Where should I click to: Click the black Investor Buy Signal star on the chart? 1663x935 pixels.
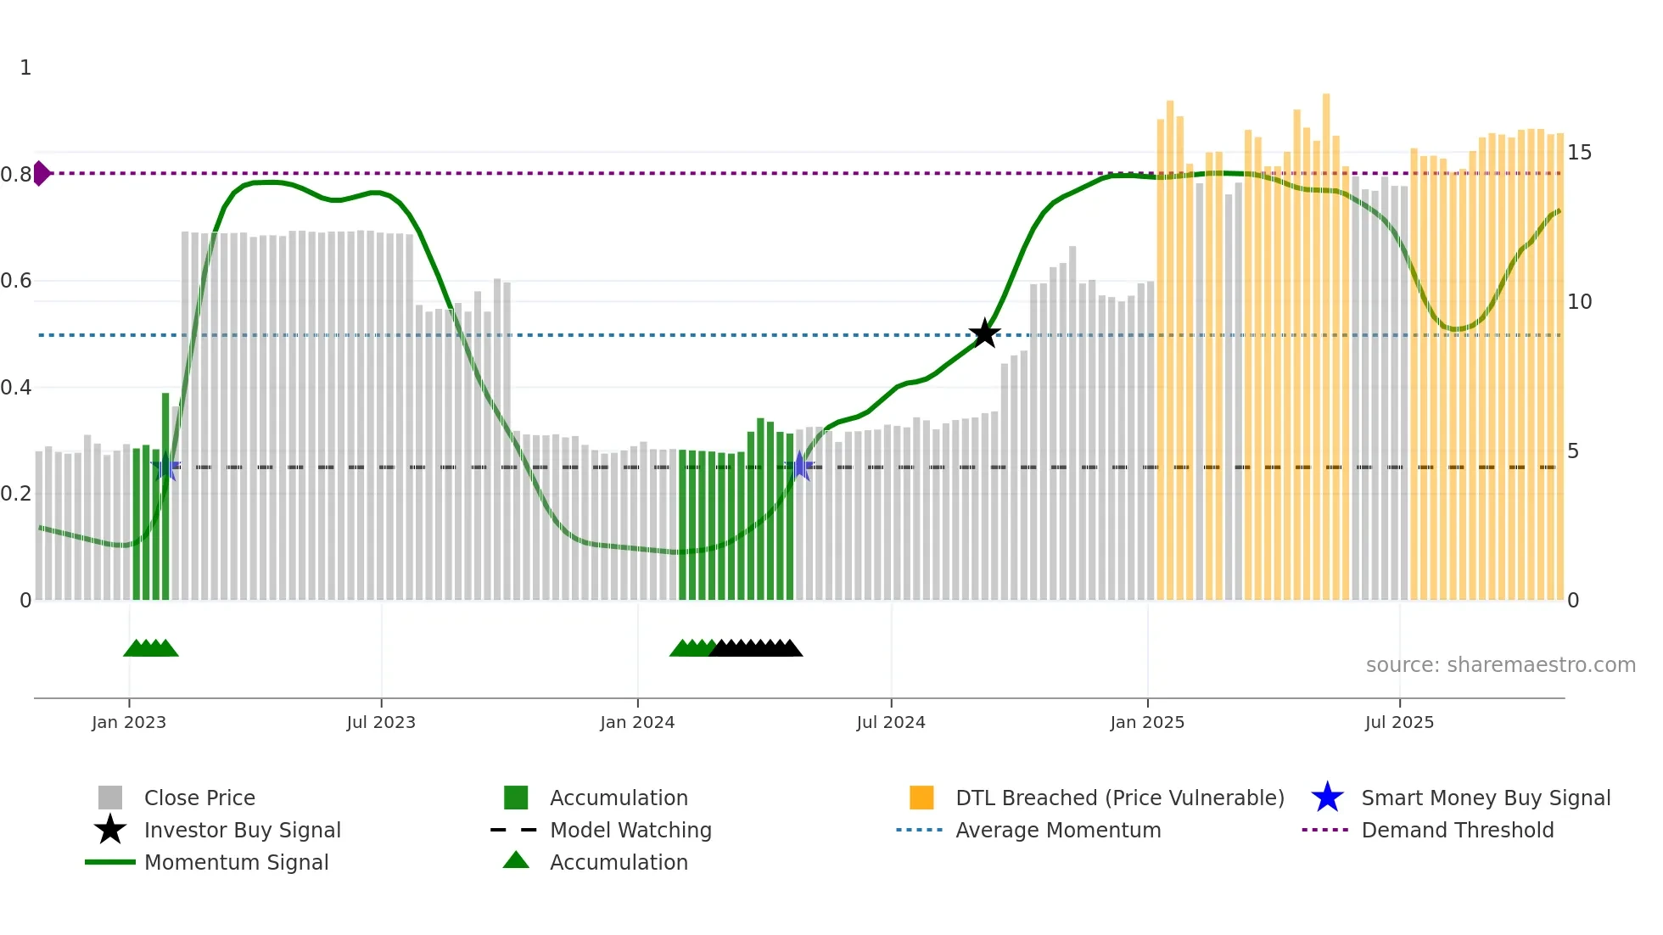click(x=984, y=333)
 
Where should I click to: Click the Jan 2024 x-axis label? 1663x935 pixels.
click(x=637, y=722)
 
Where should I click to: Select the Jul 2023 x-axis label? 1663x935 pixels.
click(x=381, y=722)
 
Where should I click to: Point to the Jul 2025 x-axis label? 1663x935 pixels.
click(x=1399, y=722)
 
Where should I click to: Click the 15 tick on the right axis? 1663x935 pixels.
click(x=1579, y=153)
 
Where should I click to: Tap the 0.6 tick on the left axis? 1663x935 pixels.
click(x=17, y=281)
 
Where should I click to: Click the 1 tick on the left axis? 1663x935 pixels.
click(x=25, y=68)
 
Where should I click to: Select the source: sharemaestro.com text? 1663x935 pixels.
click(x=1500, y=665)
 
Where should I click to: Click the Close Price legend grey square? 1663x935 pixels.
click(x=110, y=798)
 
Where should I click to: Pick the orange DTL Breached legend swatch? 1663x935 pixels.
click(x=921, y=798)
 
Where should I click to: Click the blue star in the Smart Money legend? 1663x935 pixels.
click(x=1327, y=798)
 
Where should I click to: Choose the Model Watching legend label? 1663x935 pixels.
click(x=630, y=830)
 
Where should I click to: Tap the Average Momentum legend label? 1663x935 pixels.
click(x=1058, y=830)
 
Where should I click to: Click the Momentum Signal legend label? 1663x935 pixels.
click(x=236, y=862)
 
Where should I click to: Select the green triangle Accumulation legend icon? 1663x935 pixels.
click(x=516, y=860)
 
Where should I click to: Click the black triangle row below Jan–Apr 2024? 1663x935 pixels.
click(x=755, y=649)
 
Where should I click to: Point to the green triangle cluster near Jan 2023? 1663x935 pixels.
click(x=151, y=649)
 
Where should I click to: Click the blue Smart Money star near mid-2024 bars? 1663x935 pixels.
click(x=799, y=466)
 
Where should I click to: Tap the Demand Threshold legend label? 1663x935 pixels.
click(x=1457, y=830)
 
